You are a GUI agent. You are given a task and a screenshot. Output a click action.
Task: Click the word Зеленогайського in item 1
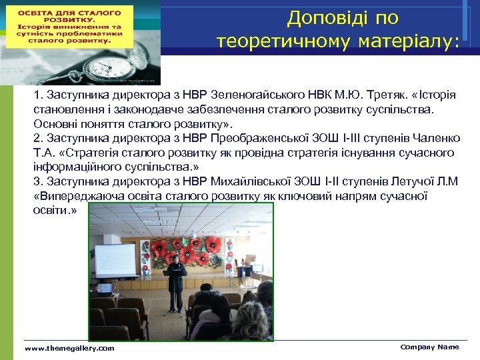(x=249, y=94)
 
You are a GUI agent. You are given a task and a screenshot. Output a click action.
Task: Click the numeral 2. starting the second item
(x=38, y=138)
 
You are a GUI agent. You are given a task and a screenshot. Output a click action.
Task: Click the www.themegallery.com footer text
(x=69, y=349)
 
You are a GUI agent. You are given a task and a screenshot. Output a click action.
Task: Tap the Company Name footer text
(x=429, y=347)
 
